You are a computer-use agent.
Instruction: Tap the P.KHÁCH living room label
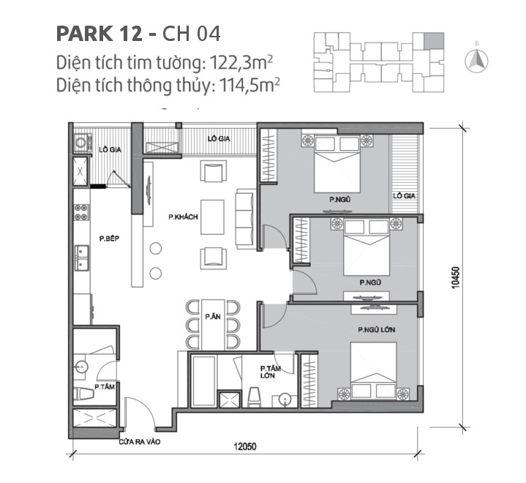point(184,217)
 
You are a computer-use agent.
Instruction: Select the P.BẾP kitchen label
point(110,239)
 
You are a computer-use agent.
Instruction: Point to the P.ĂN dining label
point(213,316)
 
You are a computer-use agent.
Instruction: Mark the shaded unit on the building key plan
point(434,38)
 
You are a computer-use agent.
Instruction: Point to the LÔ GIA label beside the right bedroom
point(402,195)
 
